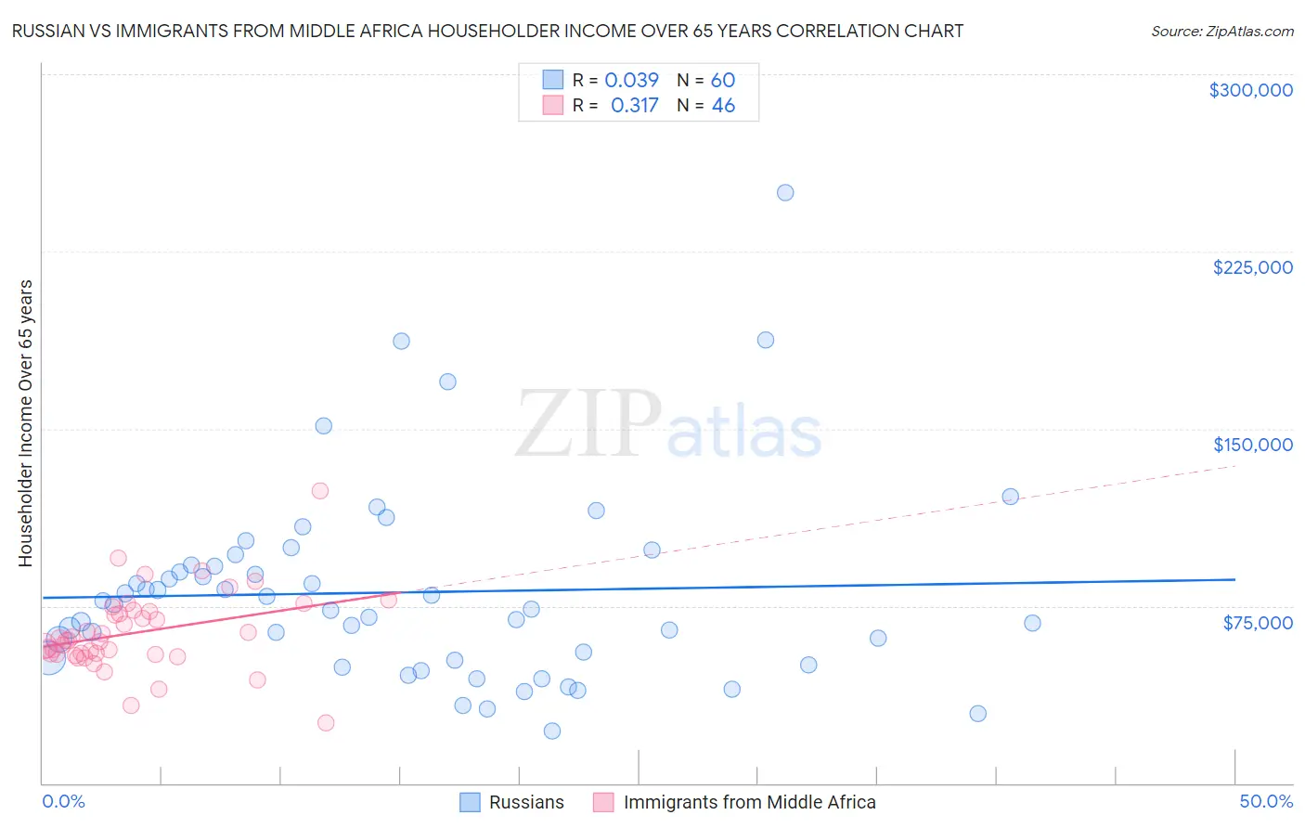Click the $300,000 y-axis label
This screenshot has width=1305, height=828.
pos(1250,90)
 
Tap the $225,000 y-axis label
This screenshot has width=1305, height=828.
pos(1252,267)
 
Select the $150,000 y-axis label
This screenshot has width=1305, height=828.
pos(1252,445)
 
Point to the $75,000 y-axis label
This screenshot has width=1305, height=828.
pos(1258,623)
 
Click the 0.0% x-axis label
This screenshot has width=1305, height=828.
pos(63,801)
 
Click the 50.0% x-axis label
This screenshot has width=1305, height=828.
pos(1266,801)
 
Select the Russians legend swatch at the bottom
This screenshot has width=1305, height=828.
pos(471,802)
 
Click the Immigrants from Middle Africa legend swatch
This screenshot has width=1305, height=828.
pos(604,802)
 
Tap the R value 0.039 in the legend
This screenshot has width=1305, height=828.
pos(631,81)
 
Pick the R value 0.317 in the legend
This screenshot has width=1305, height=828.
pos(634,106)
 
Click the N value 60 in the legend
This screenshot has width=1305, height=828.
pos(723,81)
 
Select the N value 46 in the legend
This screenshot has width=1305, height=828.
pos(723,106)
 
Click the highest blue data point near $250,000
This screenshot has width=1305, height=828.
pos(785,193)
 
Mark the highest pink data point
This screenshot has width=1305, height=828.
pos(320,491)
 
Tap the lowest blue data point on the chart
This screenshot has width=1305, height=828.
pos(552,731)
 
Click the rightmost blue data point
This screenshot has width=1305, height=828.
pos(1032,623)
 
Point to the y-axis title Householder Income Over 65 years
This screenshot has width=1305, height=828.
pos(26,422)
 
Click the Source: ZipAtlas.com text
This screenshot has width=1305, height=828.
pos(1221,32)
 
